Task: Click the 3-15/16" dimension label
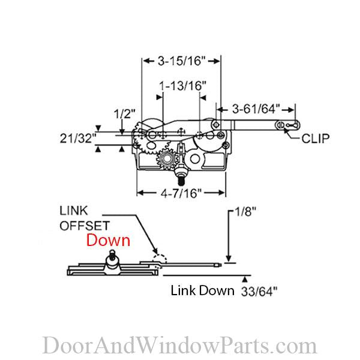[181, 61]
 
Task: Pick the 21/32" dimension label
[78, 138]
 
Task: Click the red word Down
[108, 241]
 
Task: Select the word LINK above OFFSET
[73, 211]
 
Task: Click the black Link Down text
[202, 291]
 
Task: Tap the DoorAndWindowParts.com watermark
[179, 346]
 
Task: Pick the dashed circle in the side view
[160, 258]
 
